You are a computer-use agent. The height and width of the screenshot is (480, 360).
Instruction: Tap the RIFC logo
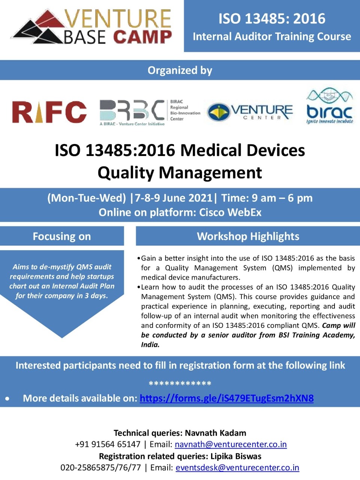pyautogui.click(x=49, y=112)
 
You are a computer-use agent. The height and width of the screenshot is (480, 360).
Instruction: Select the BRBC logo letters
pyautogui.click(x=132, y=110)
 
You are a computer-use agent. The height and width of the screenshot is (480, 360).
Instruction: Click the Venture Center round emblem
pyautogui.click(x=219, y=112)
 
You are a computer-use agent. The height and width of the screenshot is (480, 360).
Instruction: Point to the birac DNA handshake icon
pyautogui.click(x=330, y=95)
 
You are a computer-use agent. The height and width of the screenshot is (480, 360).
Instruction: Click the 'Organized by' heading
pyautogui.click(x=180, y=70)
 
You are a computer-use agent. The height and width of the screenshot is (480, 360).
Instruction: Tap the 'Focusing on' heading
pyautogui.click(x=62, y=236)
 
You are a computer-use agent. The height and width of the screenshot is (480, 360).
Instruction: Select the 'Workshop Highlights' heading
pyautogui.click(x=248, y=236)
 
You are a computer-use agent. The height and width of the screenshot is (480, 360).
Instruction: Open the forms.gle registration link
pyautogui.click(x=226, y=398)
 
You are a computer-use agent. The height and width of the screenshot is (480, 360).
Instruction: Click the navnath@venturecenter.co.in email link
pyautogui.click(x=231, y=444)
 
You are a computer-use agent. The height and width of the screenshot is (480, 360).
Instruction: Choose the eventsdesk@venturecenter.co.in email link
pyautogui.click(x=237, y=468)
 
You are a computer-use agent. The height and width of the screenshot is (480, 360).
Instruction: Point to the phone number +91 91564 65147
pyautogui.click(x=108, y=444)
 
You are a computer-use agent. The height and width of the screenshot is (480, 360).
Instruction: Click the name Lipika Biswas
pyautogui.click(x=236, y=456)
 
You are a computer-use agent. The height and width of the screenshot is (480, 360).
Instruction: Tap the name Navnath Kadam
pyautogui.click(x=216, y=433)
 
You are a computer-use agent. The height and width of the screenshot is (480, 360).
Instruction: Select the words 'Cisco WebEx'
pyautogui.click(x=230, y=212)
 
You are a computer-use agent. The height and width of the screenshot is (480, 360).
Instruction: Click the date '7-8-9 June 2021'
pyautogui.click(x=174, y=198)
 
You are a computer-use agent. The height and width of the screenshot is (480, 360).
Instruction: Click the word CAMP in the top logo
pyautogui.click(x=142, y=37)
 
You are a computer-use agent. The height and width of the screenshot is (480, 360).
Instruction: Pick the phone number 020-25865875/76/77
pyautogui.click(x=101, y=468)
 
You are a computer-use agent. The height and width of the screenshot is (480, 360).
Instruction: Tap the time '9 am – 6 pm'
pyautogui.click(x=282, y=198)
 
